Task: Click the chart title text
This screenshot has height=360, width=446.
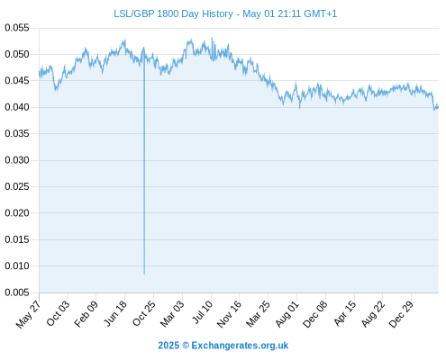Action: [x=225, y=13]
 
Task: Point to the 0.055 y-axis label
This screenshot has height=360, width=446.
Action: [x=17, y=28]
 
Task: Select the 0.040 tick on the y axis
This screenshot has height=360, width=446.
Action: [x=17, y=107]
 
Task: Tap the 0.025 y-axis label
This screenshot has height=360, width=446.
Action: [x=17, y=186]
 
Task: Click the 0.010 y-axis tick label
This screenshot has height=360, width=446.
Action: [x=17, y=265]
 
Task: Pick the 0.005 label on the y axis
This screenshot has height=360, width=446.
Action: [x=17, y=292]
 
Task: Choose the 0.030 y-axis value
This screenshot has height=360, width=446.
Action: [x=17, y=160]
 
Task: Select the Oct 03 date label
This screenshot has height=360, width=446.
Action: [x=58, y=313]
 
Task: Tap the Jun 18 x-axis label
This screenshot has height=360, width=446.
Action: [x=114, y=313]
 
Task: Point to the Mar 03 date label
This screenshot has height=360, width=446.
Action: [x=172, y=314]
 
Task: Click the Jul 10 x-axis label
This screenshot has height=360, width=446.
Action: [x=202, y=312]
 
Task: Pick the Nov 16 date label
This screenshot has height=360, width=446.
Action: [x=229, y=314]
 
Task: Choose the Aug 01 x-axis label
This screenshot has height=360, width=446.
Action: [x=287, y=314]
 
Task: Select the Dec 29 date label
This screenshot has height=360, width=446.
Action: [x=401, y=314]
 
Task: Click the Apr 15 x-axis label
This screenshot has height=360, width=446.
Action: [x=344, y=313]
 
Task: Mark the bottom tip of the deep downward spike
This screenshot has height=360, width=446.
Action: [x=144, y=274]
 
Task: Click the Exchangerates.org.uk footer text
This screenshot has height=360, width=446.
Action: [x=240, y=346]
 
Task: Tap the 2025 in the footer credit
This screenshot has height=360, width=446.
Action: [x=168, y=346]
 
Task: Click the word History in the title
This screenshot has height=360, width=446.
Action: [x=217, y=13]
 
